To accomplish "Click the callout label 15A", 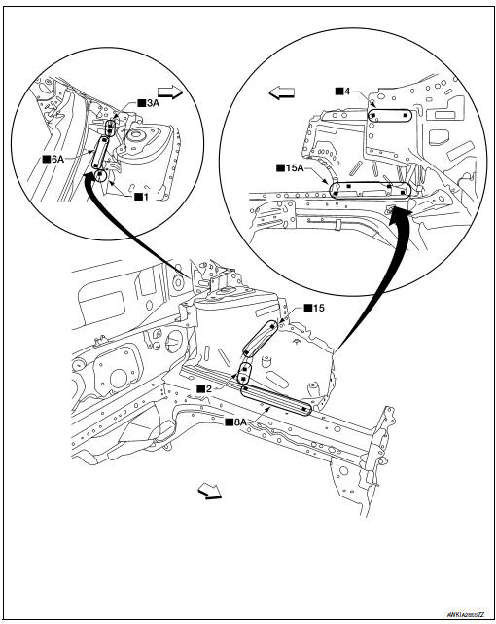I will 289,166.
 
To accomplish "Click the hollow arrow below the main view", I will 208,491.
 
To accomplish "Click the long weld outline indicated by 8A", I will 277,399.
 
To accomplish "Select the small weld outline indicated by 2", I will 244,374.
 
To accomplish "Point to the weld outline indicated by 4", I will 387,114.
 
